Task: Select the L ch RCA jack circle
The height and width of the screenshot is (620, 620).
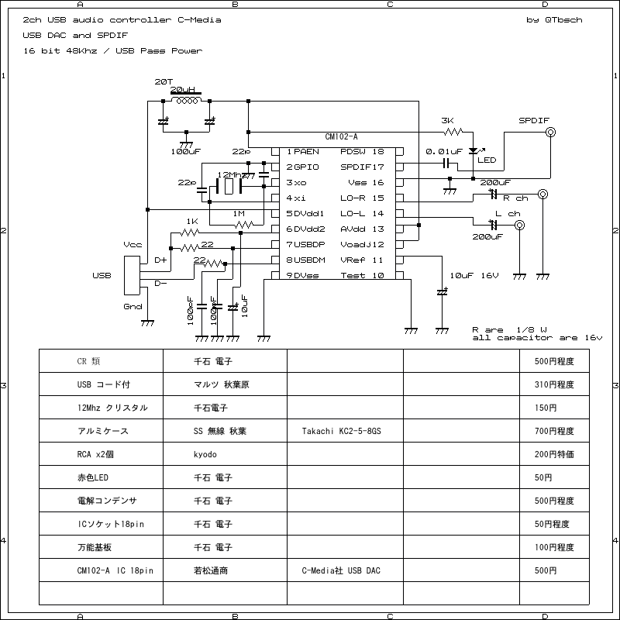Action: click(519, 225)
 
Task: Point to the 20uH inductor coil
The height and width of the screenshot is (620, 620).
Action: click(186, 101)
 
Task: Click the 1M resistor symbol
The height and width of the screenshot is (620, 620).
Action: click(243, 225)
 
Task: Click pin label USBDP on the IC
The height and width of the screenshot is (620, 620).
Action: click(304, 244)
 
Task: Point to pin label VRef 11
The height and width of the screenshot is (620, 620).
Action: click(363, 260)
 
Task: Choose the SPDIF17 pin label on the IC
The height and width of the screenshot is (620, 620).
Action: click(363, 167)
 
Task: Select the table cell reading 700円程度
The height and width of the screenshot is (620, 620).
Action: click(554, 431)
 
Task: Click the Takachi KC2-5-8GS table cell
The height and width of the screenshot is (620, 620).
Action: click(341, 431)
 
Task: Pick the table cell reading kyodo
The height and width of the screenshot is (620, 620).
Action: click(205, 454)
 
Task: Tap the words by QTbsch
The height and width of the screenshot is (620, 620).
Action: click(553, 20)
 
